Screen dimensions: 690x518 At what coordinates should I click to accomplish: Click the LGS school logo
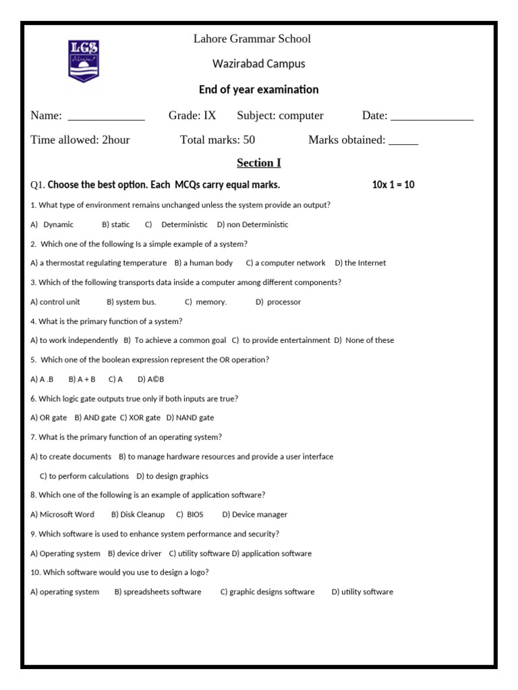pos(84,60)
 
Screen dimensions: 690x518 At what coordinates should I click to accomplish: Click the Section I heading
pos(259,163)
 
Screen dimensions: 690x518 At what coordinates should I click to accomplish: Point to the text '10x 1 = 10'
pos(393,185)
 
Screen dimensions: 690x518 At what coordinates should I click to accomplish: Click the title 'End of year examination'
pos(259,90)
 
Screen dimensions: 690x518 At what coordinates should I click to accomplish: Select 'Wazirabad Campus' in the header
pos(259,64)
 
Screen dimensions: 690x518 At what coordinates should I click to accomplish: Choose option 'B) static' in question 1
pos(116,224)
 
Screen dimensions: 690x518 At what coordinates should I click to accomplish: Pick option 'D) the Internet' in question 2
pos(360,263)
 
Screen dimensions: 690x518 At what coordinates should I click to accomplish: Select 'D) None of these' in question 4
pos(364,340)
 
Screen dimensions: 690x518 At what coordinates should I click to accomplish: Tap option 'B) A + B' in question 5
pos(82,379)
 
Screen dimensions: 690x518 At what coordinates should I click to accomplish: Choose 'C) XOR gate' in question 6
pos(140,418)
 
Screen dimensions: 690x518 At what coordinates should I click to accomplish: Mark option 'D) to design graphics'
pos(173,476)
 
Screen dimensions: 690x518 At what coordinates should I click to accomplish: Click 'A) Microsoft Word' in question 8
pos(63,514)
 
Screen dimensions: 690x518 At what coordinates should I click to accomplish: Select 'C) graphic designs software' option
pos(267,592)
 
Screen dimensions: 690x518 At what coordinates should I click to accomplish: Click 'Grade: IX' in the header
pos(192,116)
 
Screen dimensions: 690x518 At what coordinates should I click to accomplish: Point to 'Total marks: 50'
pos(217,140)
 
